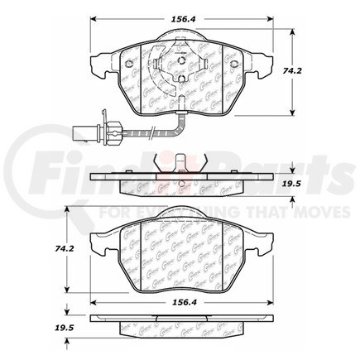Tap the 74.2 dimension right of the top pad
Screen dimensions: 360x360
click(x=313, y=72)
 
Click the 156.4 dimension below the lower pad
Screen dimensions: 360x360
click(x=175, y=303)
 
